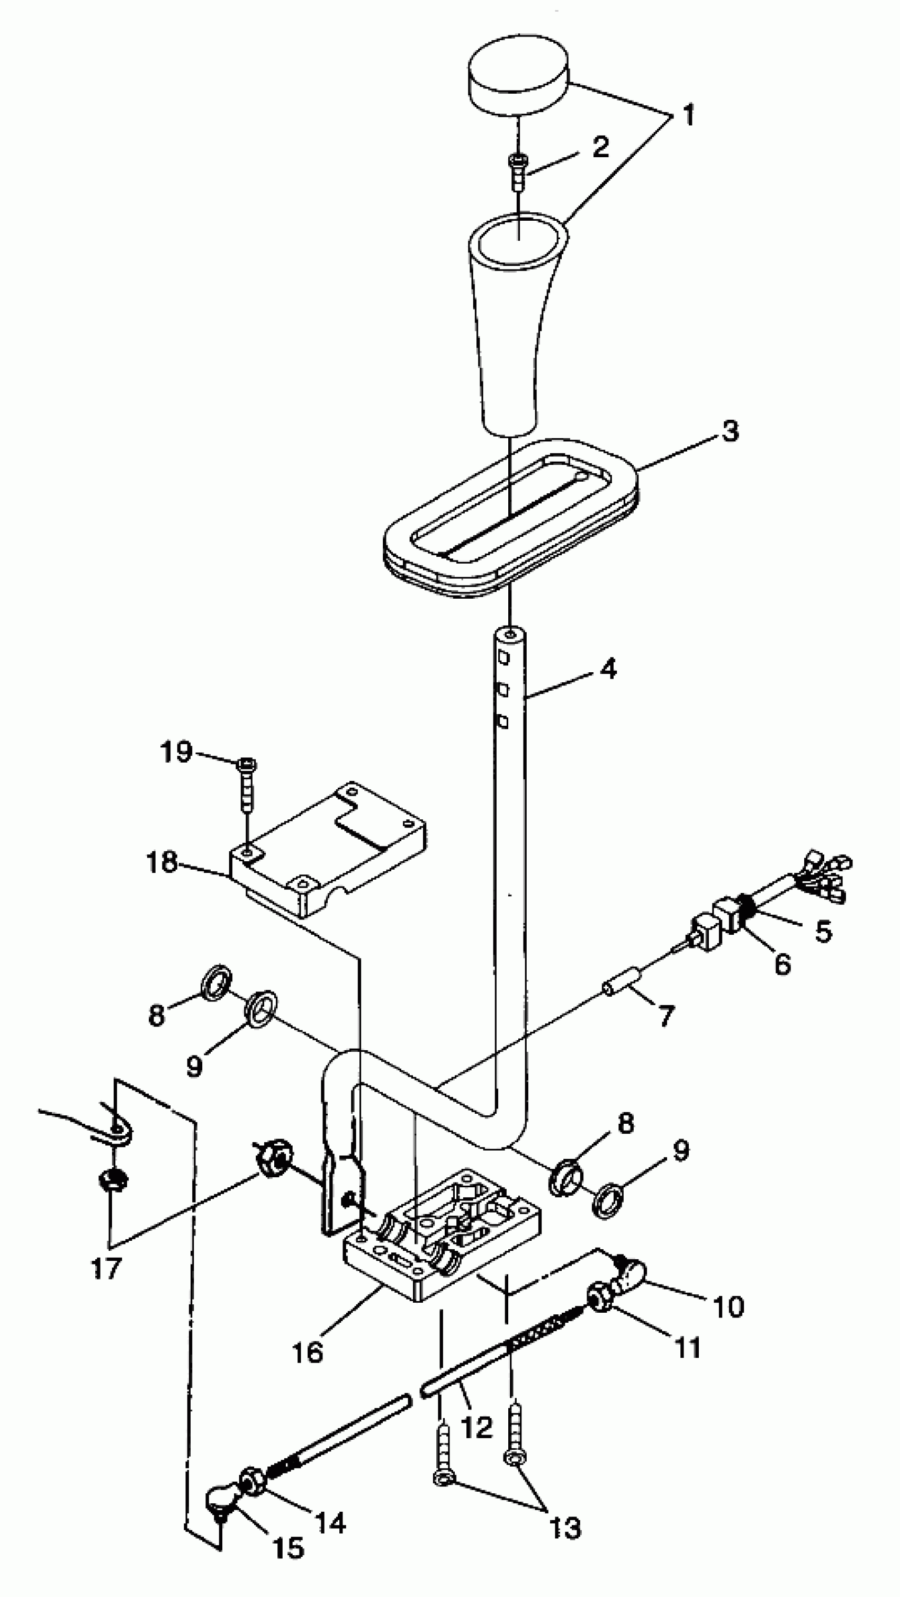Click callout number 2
point(600,147)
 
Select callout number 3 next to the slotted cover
point(730,431)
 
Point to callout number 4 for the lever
point(609,669)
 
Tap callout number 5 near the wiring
point(823,931)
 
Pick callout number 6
point(782,964)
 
